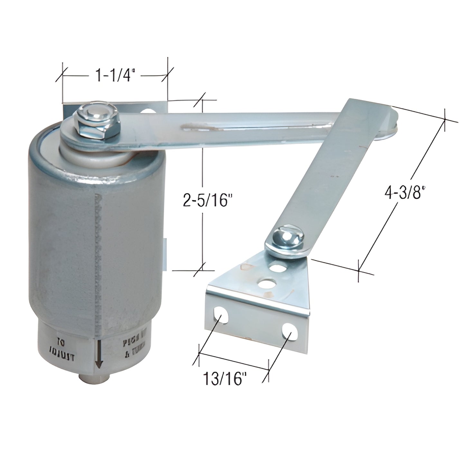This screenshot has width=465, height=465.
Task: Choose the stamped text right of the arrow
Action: tap(135, 349)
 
